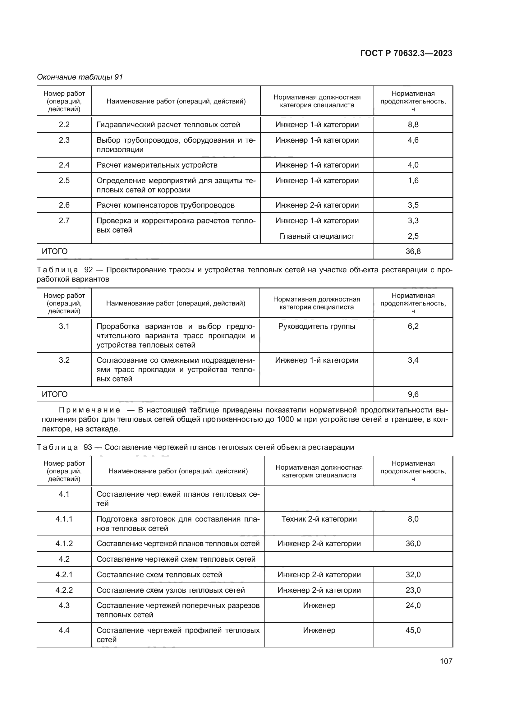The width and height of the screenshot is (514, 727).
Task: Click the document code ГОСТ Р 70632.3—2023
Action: [x=406, y=53]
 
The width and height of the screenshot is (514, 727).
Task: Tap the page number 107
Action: [x=446, y=661]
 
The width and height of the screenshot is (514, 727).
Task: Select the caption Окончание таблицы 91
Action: [x=80, y=77]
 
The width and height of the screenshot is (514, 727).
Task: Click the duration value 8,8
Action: [x=413, y=124]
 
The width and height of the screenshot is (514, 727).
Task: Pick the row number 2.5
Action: [x=64, y=181]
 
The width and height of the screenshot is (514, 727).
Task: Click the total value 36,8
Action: [x=413, y=251]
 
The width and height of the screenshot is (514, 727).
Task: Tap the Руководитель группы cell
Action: [x=316, y=326]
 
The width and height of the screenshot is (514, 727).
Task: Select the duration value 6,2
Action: [x=413, y=326]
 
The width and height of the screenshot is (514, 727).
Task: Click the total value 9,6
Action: [x=413, y=394]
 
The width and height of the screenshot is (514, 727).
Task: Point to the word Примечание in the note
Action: [x=89, y=410]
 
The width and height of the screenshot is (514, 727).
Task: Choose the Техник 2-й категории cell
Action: [x=319, y=519]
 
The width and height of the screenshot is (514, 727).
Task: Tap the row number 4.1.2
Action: [x=64, y=544]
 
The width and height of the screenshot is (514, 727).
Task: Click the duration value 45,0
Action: [x=413, y=630]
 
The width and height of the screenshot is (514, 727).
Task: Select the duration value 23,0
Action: [x=413, y=590]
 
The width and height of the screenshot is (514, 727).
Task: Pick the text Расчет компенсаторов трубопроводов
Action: [x=166, y=205]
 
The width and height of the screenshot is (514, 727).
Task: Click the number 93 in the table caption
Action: [x=88, y=447]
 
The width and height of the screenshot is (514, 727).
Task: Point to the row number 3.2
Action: [x=64, y=360]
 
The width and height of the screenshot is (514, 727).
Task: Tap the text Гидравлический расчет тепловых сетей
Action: [x=168, y=124]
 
